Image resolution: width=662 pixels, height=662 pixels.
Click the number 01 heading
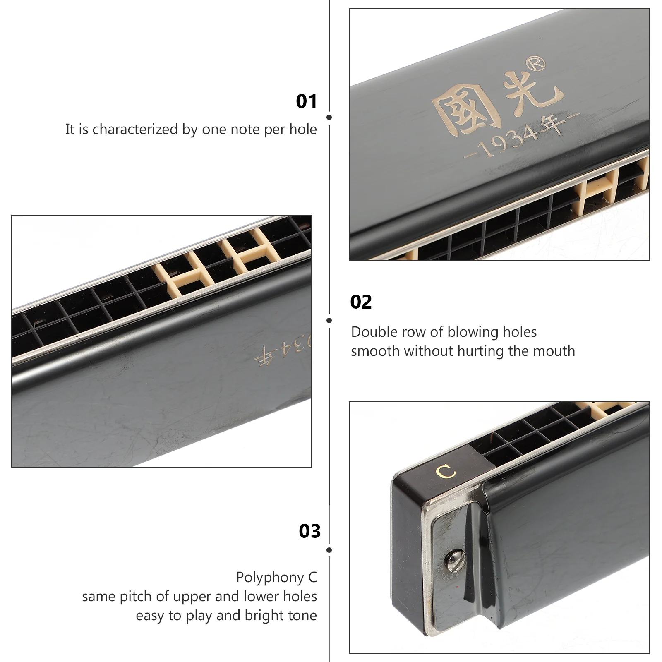307,101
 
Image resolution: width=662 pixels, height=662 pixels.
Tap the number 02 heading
361,302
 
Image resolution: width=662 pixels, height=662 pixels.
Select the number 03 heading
310,531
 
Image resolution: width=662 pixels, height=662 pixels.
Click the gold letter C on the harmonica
446,472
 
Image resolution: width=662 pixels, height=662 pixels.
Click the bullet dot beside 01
329,117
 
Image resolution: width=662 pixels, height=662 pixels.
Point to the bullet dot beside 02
329,320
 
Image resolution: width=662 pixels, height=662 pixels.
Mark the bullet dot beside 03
329,550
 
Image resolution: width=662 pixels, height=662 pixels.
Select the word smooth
375,351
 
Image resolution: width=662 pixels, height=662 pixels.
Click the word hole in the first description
303,129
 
